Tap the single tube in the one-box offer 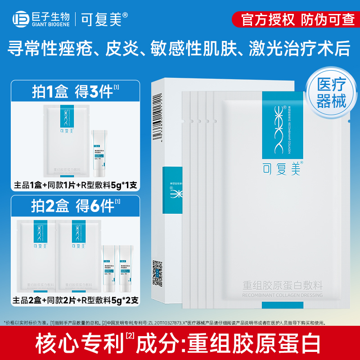pos(99,153)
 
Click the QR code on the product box pos(157,270)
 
